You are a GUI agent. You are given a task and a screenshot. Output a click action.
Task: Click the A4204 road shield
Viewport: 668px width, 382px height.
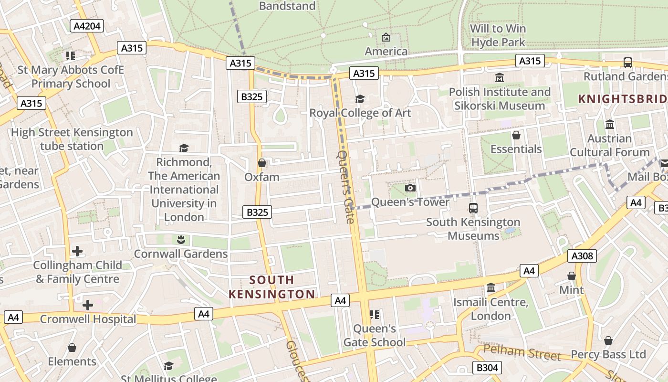(x=87, y=26)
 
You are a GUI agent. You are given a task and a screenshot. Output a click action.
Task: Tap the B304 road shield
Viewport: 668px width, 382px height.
(x=487, y=367)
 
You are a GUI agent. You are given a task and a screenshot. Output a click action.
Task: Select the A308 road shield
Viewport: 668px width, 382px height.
(x=583, y=256)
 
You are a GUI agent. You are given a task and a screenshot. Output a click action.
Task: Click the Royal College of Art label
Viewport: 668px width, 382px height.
(x=360, y=113)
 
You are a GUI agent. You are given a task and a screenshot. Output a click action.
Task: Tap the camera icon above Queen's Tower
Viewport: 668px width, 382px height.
(x=410, y=188)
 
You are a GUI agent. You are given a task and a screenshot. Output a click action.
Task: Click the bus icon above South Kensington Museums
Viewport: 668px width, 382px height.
(x=473, y=208)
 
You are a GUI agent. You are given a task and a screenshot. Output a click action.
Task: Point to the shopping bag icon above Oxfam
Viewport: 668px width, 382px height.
(x=262, y=163)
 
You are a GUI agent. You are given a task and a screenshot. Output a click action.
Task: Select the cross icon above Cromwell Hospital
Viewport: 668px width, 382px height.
(x=88, y=305)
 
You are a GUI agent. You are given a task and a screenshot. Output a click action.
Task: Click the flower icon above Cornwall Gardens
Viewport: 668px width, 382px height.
(x=181, y=239)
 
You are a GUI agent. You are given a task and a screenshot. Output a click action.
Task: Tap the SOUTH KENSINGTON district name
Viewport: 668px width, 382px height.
(x=272, y=287)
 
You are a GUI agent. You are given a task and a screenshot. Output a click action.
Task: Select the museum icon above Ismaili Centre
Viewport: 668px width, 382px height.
(x=491, y=288)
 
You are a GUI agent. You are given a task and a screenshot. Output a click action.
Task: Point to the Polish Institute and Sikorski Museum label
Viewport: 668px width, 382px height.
(x=500, y=98)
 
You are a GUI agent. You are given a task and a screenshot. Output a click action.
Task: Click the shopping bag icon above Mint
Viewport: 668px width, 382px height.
(x=572, y=276)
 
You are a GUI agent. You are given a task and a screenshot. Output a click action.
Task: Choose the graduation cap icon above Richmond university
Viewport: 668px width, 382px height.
(x=184, y=149)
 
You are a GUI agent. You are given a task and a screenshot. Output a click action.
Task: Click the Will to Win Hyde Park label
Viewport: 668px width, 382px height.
(x=498, y=35)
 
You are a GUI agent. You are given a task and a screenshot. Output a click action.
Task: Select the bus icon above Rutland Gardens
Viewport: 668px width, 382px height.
(x=628, y=63)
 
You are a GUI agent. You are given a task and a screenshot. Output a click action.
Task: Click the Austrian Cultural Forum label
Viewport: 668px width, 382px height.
(x=610, y=145)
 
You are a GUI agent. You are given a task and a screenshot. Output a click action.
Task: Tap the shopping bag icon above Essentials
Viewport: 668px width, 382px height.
(x=516, y=136)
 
